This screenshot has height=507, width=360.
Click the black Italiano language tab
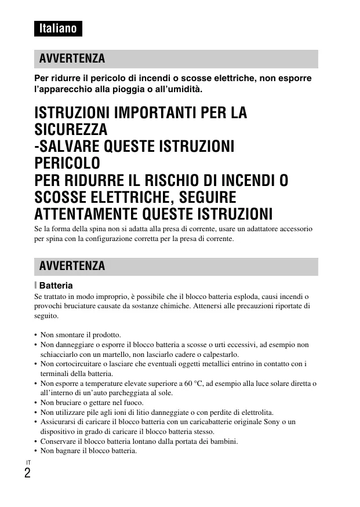click(x=58, y=28)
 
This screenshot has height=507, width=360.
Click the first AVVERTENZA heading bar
click(x=176, y=59)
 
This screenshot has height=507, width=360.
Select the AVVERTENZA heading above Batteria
click(x=176, y=266)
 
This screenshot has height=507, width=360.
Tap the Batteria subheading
click(x=56, y=285)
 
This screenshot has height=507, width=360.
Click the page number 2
click(x=27, y=472)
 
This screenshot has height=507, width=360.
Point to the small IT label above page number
click(x=27, y=461)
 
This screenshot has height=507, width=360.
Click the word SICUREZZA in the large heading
click(x=71, y=129)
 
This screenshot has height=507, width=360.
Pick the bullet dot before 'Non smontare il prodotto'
click(x=36, y=335)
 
